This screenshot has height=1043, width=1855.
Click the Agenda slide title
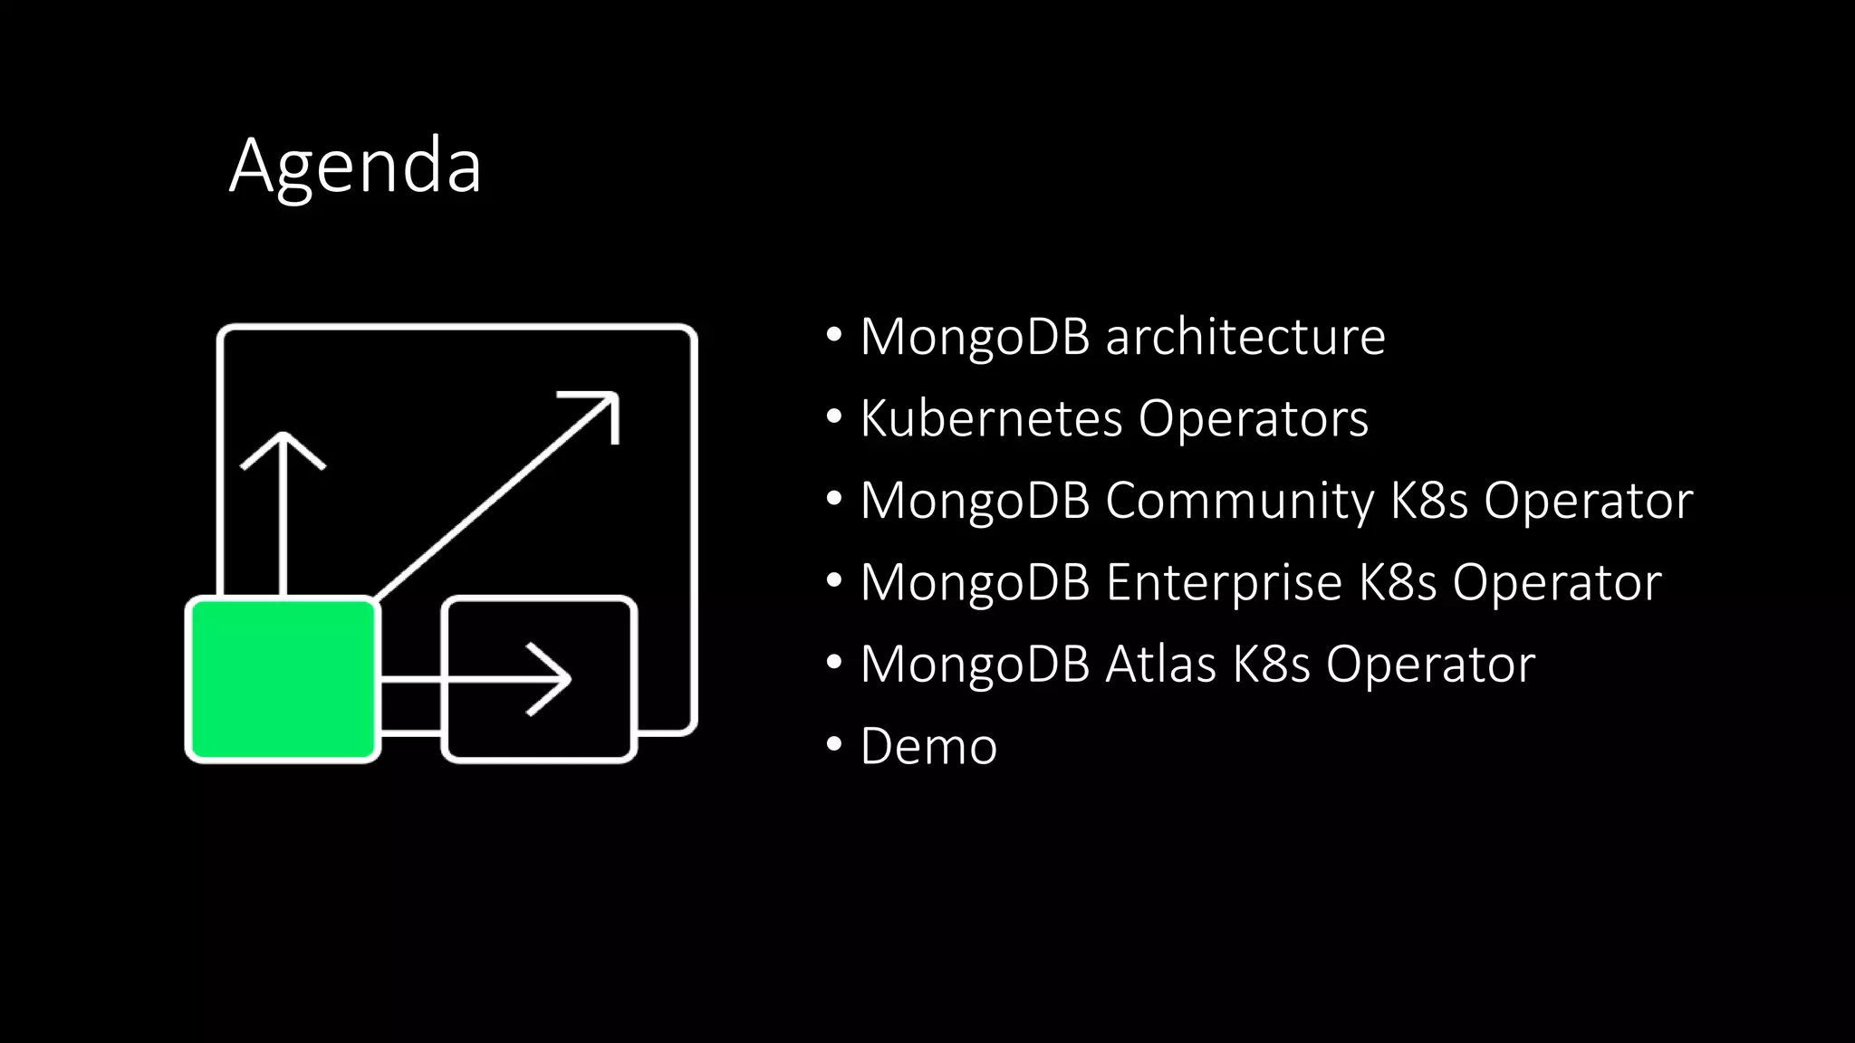[355, 165]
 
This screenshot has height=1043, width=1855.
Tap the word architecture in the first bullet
[1245, 337]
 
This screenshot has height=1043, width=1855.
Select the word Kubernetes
[991, 418]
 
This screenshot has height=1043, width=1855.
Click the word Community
[1239, 501]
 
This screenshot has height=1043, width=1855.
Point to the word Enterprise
[1224, 582]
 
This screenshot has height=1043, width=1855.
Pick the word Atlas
[1160, 664]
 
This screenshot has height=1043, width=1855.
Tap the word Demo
[928, 746]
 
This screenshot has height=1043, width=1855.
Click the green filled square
[283, 679]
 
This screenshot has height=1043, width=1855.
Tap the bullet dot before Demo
[834, 744]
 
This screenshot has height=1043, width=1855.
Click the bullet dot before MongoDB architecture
[834, 335]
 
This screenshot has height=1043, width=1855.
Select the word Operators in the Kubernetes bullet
[1254, 418]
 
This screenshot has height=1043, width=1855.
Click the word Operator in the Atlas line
[1431, 664]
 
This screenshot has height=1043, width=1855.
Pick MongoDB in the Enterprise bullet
[975, 582]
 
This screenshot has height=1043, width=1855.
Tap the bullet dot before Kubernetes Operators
[834, 416]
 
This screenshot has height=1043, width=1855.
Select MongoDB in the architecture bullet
[975, 337]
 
